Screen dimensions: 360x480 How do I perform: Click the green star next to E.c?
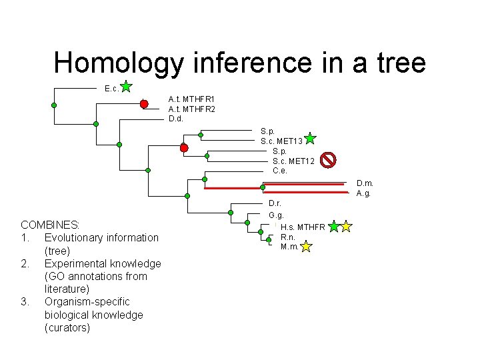pos(127,86)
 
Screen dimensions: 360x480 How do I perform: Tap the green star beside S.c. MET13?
pos(310,139)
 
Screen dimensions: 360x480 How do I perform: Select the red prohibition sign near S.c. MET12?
pos(328,159)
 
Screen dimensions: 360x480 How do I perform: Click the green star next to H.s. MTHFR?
pos(334,227)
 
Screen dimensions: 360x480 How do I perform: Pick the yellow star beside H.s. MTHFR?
pos(346,227)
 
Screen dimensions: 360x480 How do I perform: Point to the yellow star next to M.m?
pos(306,247)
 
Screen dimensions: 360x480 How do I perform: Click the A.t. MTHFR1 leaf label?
pos(191,99)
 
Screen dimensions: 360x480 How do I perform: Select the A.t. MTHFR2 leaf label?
pos(191,109)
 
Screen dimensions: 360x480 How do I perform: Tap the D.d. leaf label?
pos(176,119)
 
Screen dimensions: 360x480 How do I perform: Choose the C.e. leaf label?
pos(280,171)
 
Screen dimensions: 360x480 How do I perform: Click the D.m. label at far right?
pos(365,183)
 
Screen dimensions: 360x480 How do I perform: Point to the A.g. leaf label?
pos(363,193)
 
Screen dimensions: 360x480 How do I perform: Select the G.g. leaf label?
pos(276,215)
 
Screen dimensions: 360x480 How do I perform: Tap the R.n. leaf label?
pos(288,237)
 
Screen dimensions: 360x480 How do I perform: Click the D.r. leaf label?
pos(275,203)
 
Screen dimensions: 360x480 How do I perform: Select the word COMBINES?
pos(50,225)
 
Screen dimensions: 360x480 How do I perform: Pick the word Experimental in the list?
pos(76,263)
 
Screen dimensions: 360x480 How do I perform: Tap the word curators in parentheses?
pos(67,327)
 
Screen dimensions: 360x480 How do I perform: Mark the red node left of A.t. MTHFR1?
pos(144,104)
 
